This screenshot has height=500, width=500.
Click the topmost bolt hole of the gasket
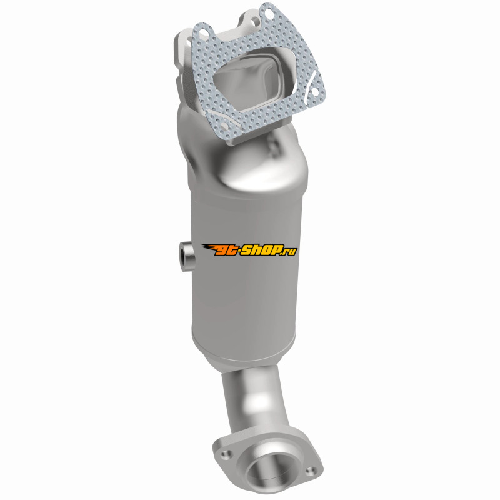point(269,14)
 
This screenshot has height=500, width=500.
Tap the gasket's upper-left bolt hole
point(205,32)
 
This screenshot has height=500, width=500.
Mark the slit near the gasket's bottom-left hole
point(217,117)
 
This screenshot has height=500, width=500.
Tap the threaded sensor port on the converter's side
point(186,256)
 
